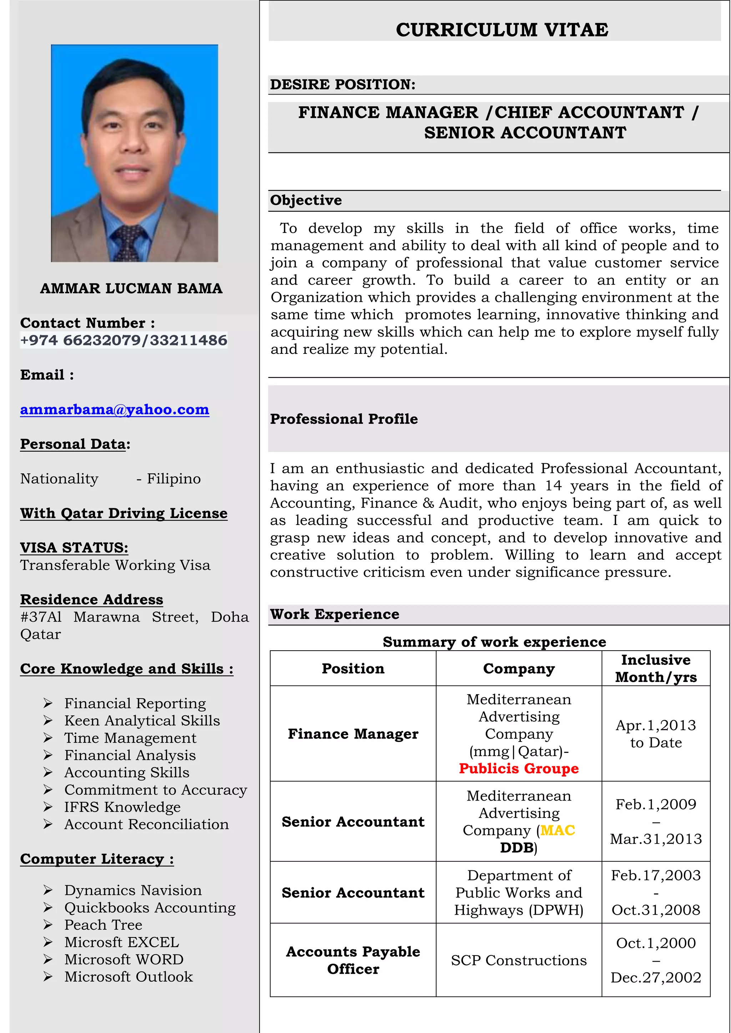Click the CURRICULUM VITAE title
point(501,30)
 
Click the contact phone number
point(124,340)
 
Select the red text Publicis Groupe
point(519,768)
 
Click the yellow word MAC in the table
point(557,830)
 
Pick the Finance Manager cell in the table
point(353,734)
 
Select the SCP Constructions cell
point(519,961)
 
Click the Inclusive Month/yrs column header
point(655,668)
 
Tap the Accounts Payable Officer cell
point(353,960)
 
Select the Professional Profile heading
point(344,419)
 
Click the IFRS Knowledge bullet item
point(122,807)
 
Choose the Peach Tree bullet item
point(103,925)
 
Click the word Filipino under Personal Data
point(174,479)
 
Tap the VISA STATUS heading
point(74,548)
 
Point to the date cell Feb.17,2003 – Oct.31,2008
point(655,892)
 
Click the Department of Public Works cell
point(519,892)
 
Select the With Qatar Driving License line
point(124,513)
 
